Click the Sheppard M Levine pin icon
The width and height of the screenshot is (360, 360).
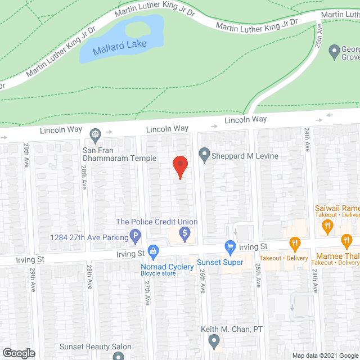tap(204, 154)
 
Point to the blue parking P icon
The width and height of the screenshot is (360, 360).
tap(135, 237)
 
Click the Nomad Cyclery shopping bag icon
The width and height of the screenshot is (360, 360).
tap(152, 250)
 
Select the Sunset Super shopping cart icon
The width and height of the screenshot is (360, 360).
tap(229, 246)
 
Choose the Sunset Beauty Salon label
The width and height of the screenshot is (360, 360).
tap(97, 346)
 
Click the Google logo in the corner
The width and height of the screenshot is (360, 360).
tap(18, 353)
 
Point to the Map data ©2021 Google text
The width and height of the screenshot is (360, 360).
tap(325, 355)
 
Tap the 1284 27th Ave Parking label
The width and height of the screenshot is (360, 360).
tap(89, 237)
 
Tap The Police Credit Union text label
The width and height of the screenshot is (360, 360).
tap(157, 222)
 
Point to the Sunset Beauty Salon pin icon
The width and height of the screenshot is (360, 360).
tap(118, 355)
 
